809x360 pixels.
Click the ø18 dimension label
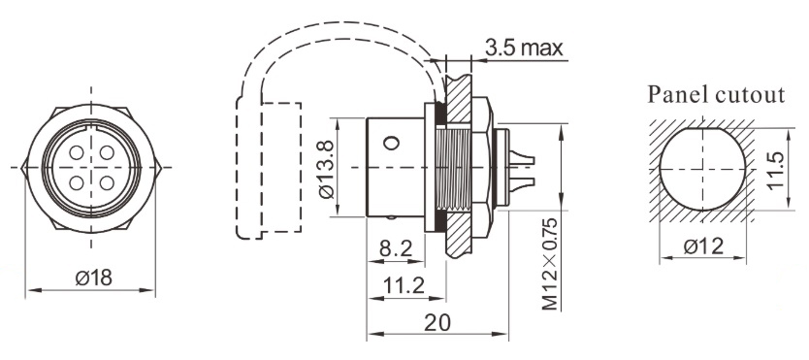93,278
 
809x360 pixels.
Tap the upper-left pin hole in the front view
78,155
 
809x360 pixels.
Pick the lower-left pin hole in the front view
78,180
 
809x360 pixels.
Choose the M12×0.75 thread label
550,261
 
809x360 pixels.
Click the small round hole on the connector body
390,143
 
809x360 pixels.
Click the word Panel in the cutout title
679,95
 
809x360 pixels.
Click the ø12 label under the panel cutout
705,247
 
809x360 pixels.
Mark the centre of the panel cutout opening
704,166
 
